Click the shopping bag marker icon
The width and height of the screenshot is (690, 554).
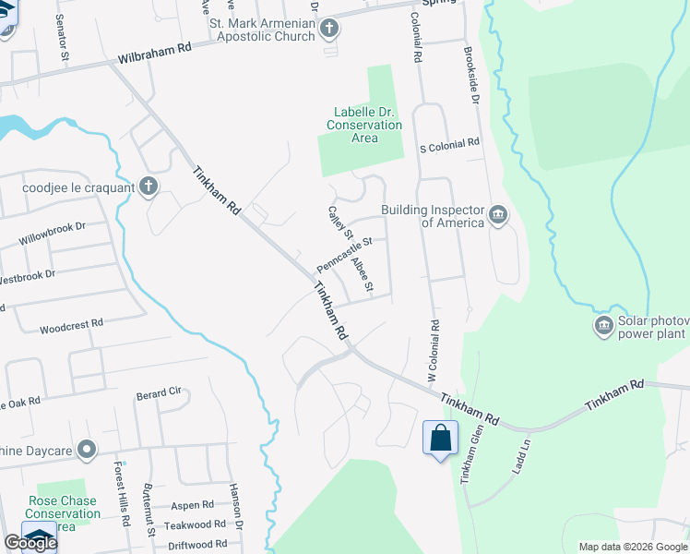click(x=440, y=436)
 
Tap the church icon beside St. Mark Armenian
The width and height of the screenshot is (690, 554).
click(x=329, y=30)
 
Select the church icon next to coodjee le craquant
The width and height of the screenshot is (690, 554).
click(x=148, y=187)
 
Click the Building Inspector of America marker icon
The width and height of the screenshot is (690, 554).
click(x=497, y=215)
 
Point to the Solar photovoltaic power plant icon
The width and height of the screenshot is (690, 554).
click(x=603, y=325)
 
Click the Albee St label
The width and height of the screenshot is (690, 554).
click(x=363, y=272)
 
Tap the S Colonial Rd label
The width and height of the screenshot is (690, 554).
click(x=450, y=144)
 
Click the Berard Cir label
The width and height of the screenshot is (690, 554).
click(x=159, y=392)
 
